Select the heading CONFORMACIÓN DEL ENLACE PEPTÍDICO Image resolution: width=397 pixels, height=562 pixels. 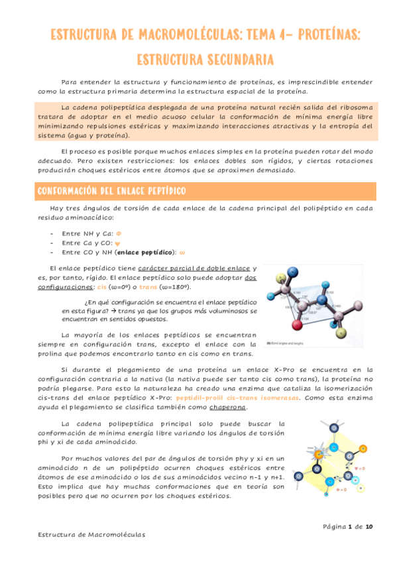(x=111, y=190)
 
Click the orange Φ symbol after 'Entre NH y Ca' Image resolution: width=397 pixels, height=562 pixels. (x=119, y=233)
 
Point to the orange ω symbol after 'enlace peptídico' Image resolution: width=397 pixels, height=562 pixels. (x=182, y=253)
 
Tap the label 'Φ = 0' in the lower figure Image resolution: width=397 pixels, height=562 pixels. (x=341, y=490)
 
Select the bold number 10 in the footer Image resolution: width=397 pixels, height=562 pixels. (x=369, y=527)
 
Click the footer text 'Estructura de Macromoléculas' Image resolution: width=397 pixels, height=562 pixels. (x=91, y=534)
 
